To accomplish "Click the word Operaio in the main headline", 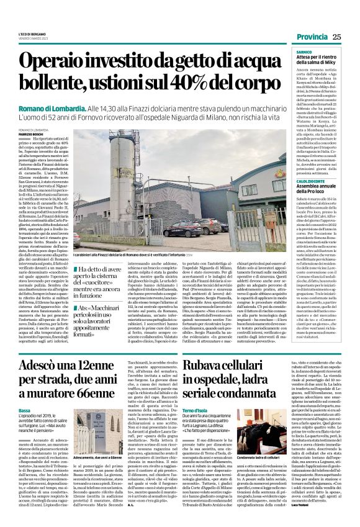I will [71, 61].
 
